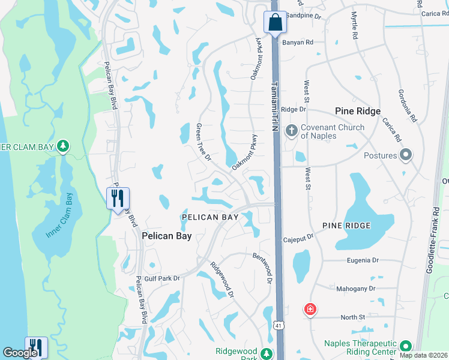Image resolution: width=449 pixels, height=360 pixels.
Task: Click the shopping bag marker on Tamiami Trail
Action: (x=274, y=23)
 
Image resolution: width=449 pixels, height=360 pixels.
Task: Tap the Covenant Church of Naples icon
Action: (x=291, y=131)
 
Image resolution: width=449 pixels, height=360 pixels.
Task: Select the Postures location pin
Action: (x=405, y=155)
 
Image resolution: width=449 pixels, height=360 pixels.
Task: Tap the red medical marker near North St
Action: (x=310, y=310)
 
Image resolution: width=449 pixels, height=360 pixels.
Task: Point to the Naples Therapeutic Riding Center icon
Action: (x=406, y=346)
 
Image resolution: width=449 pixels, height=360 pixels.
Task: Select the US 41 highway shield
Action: (x=278, y=326)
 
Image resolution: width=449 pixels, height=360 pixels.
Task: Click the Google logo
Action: (x=20, y=352)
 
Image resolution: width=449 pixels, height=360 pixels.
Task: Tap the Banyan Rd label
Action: (x=301, y=43)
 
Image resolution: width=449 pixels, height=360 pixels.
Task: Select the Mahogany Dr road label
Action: (x=355, y=289)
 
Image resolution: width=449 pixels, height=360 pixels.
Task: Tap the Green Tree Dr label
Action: (x=203, y=142)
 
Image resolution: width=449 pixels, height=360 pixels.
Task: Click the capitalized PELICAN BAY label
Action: (x=207, y=216)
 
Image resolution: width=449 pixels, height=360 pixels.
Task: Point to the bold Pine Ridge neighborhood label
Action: (x=358, y=112)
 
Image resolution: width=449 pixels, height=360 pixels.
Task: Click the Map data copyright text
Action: (x=423, y=355)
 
